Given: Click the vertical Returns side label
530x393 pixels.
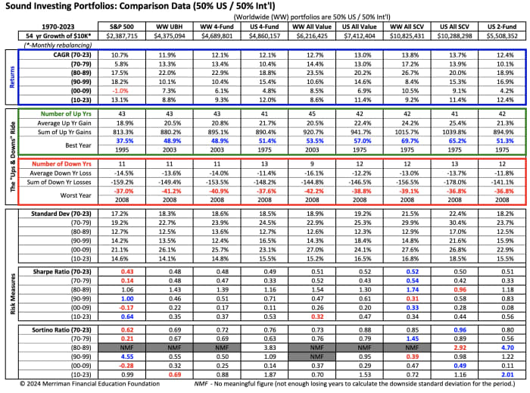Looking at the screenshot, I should click(11, 79).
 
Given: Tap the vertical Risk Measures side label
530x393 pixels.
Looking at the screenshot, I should click(11, 295).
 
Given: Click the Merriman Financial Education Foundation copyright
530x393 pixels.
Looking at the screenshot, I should click(83, 385).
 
